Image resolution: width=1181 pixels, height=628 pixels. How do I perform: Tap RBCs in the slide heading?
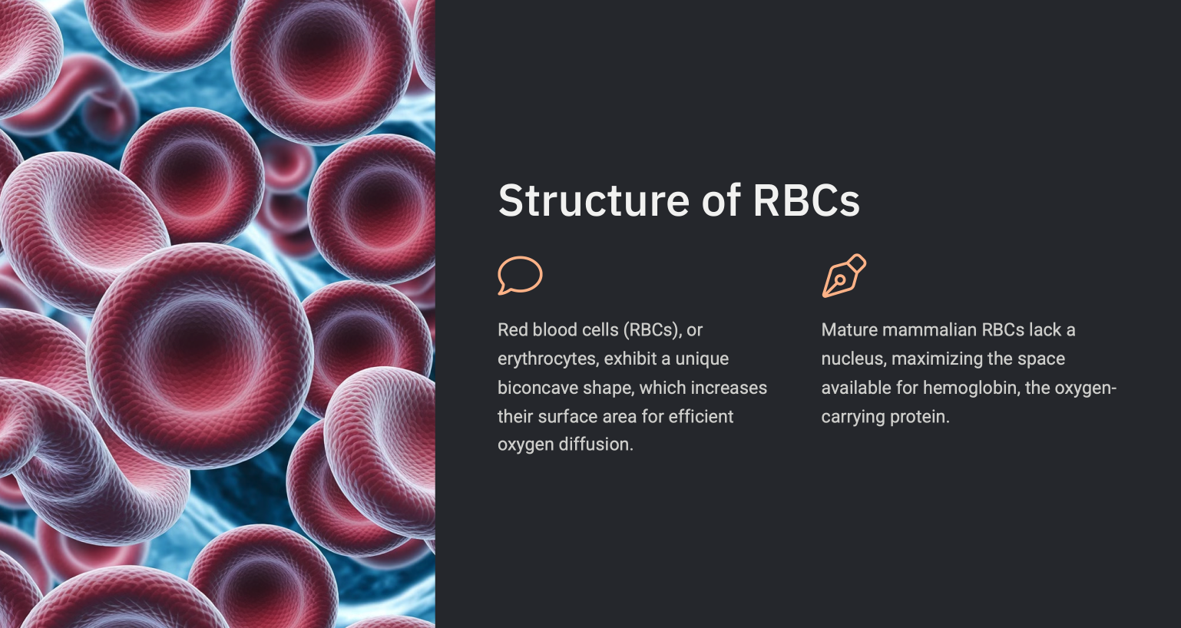tap(806, 201)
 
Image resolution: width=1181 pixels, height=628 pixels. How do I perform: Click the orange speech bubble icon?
tap(520, 276)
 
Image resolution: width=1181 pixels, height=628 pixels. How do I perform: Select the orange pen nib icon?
tap(844, 276)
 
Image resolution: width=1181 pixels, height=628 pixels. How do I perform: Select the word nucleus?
tap(852, 359)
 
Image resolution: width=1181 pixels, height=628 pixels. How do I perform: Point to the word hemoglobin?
tap(970, 388)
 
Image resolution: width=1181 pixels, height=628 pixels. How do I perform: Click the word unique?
tap(702, 359)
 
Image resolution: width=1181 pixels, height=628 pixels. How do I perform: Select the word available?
tap(856, 388)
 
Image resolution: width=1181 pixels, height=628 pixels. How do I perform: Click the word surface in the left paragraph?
tap(564, 417)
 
